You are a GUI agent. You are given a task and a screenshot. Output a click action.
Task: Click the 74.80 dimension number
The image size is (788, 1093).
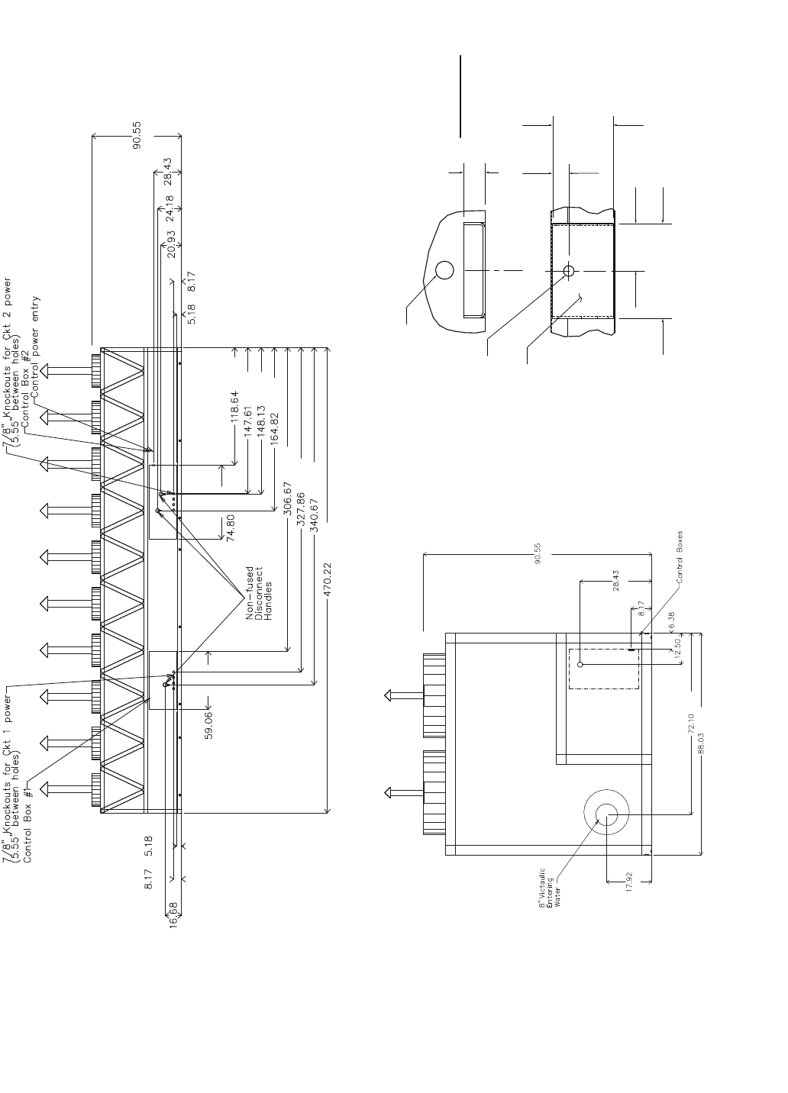pos(230,527)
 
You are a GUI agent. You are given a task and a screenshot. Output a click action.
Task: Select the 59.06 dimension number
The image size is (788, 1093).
pos(209,726)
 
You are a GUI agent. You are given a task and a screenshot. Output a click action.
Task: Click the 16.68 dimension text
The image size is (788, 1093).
pos(173,914)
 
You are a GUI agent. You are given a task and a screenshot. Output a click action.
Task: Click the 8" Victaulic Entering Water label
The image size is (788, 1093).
pos(550,887)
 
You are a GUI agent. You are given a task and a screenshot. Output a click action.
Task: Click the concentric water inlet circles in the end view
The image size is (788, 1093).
pos(606,815)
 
